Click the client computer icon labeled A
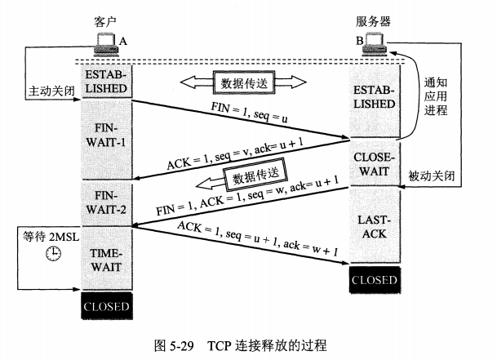(x=105, y=42)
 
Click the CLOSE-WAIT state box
(x=375, y=162)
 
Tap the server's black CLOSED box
(x=375, y=280)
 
